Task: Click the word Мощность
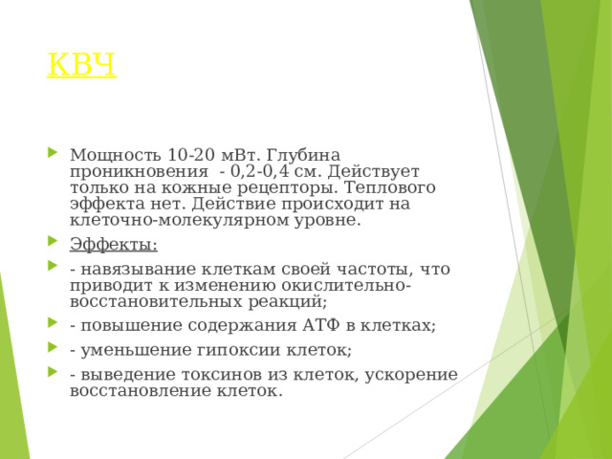[115, 155]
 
